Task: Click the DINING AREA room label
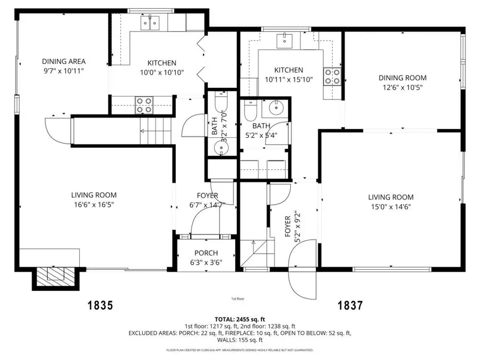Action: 63,61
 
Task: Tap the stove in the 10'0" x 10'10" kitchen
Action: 144,105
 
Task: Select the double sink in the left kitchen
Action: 150,23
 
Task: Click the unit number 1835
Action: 101,305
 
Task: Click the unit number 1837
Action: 350,305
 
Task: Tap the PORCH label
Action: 206,253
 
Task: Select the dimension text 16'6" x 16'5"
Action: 94,205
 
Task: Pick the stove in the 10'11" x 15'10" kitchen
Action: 332,77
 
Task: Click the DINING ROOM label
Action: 403,78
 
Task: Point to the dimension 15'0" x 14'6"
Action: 391,206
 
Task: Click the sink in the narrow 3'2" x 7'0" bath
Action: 221,148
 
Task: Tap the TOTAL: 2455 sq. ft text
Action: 240,320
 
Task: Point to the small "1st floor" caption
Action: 238,299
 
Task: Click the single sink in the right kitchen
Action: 285,41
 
